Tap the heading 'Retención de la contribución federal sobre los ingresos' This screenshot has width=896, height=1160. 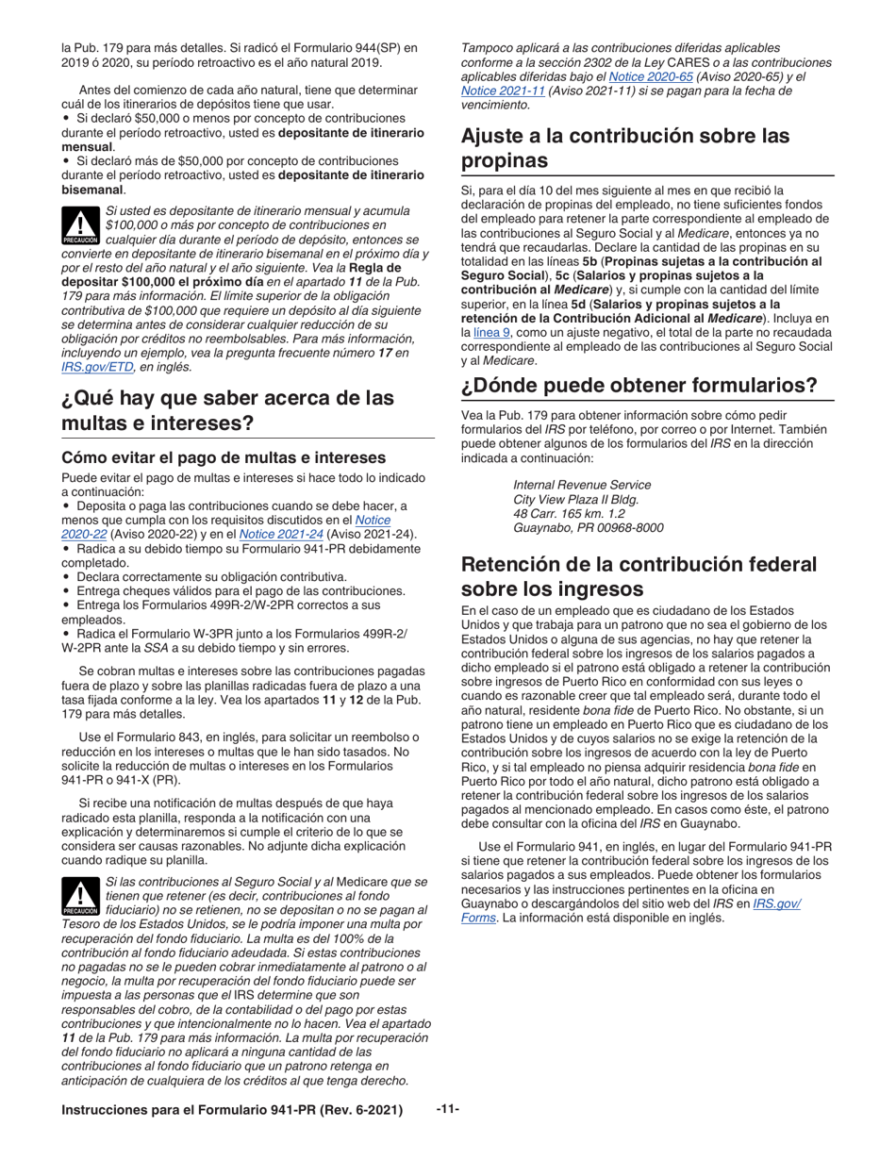click(x=639, y=576)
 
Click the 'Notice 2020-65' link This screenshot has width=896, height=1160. click(x=642, y=75)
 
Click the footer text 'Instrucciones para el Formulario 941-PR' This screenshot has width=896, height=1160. click(x=232, y=1111)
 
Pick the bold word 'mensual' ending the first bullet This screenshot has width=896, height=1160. click(x=88, y=147)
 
